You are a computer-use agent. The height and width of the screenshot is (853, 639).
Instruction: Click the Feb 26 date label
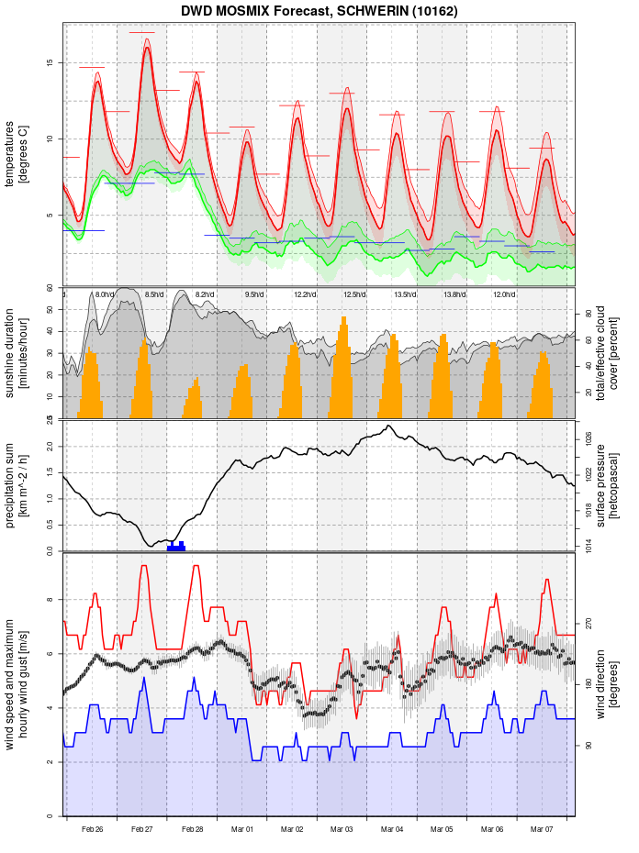(x=92, y=829)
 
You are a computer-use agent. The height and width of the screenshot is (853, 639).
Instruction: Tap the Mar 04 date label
(x=392, y=829)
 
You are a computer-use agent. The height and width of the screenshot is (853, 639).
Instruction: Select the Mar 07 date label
(x=542, y=829)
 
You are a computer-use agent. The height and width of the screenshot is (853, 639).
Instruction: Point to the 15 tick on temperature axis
(x=51, y=63)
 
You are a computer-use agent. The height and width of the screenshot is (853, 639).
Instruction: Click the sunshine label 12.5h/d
(x=354, y=294)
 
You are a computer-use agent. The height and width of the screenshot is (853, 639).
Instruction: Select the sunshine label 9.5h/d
(x=254, y=294)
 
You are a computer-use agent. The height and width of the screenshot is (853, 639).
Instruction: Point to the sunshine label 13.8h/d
(x=454, y=294)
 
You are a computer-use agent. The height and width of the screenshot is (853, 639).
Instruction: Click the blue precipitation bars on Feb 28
(x=176, y=547)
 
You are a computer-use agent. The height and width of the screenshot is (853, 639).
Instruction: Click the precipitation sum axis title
(x=17, y=484)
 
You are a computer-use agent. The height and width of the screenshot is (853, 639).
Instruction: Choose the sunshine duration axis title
(x=17, y=353)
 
